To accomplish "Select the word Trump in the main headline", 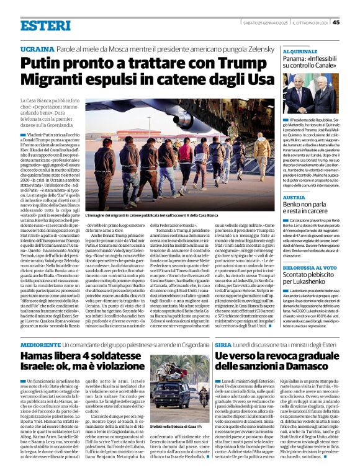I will (x=206, y=63).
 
